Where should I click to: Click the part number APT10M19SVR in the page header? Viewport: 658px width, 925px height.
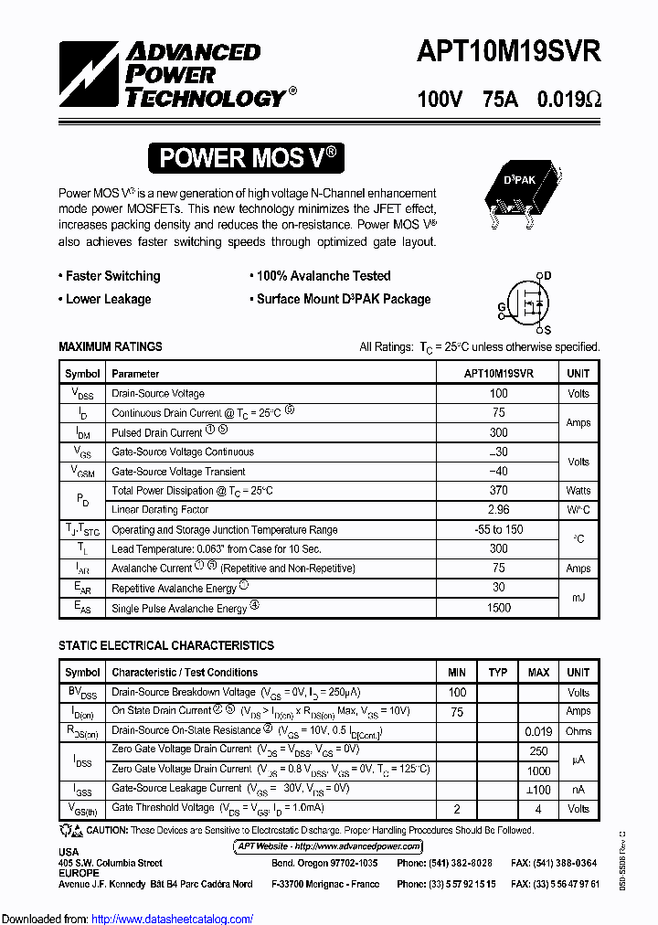509,53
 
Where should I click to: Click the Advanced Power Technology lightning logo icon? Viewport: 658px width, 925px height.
90,74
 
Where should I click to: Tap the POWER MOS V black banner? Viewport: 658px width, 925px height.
247,158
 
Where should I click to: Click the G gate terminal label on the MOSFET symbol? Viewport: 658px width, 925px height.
501,306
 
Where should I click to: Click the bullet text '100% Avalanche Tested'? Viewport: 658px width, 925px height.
323,276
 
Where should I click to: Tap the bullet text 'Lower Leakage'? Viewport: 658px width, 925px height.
108,299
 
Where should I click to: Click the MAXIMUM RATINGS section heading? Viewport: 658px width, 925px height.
111,346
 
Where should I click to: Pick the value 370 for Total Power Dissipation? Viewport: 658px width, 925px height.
498,491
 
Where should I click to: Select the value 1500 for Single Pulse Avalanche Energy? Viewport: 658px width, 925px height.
498,608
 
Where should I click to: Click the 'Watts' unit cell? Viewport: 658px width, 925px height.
578,491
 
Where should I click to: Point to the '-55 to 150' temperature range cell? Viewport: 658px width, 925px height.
498,529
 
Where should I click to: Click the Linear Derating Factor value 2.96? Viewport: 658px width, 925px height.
498,510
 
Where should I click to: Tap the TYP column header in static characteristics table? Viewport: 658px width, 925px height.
498,673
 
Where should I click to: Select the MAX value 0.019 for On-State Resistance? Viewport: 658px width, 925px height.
538,731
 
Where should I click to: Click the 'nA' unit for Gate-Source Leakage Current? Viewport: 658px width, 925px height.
578,789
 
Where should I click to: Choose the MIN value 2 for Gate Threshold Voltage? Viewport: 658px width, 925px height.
457,809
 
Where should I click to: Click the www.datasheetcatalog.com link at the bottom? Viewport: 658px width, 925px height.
173,919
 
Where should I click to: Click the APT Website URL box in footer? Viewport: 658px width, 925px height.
328,846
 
